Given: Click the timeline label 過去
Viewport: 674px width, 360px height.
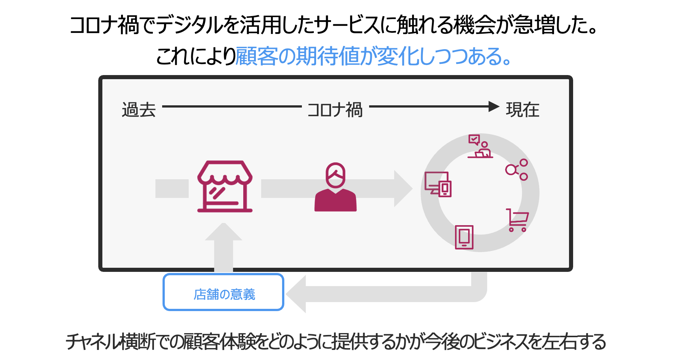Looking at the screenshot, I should coord(139,110).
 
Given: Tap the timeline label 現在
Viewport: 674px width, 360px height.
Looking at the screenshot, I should coord(522,110).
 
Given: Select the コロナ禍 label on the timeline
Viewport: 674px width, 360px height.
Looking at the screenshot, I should coord(335,110).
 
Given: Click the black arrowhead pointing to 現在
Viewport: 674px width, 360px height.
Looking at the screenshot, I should coord(494,106).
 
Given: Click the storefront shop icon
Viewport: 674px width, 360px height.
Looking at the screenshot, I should coord(225,186).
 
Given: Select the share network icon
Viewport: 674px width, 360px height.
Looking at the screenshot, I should coord(517,170).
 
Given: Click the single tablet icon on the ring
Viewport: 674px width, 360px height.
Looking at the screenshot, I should coord(464,237).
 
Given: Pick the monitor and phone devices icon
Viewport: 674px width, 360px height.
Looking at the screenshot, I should coord(438,184).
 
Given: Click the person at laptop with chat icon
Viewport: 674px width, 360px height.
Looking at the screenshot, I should coord(480,146).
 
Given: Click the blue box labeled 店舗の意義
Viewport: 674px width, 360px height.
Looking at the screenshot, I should coord(223,292).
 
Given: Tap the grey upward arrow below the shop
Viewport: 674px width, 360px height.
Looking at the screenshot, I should coord(223,243).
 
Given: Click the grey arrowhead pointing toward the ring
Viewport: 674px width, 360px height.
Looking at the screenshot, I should coord(403,188).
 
